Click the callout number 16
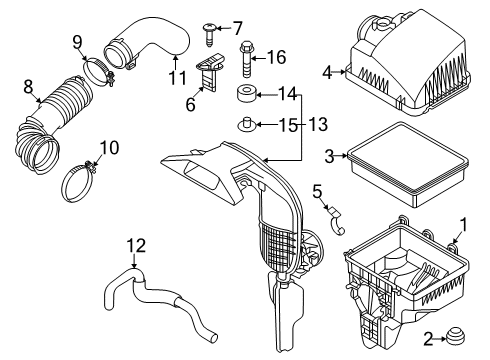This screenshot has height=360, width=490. click(x=277, y=57)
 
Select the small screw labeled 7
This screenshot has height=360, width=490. click(x=209, y=35)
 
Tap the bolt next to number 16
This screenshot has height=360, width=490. click(x=245, y=59)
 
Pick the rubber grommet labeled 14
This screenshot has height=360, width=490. click(x=246, y=94)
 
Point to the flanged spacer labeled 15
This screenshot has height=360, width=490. click(x=247, y=125)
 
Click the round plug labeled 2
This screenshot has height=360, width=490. click(x=455, y=336)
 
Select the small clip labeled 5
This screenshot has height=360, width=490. click(x=336, y=221)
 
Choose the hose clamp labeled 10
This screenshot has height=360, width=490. click(x=79, y=181)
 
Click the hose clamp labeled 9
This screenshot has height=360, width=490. click(x=99, y=71)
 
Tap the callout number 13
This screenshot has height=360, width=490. click(x=318, y=124)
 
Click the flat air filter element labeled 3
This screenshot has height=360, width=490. click(x=408, y=164)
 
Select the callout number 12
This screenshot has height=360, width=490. click(x=136, y=246)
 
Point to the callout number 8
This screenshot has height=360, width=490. click(x=29, y=87)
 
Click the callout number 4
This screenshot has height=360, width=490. click(x=328, y=72)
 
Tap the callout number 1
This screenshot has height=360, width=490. click(x=463, y=225)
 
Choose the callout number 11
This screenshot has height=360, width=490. click(x=177, y=78)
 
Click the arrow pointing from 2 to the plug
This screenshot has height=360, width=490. click(x=440, y=339)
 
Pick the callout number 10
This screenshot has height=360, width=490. click(x=109, y=148)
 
